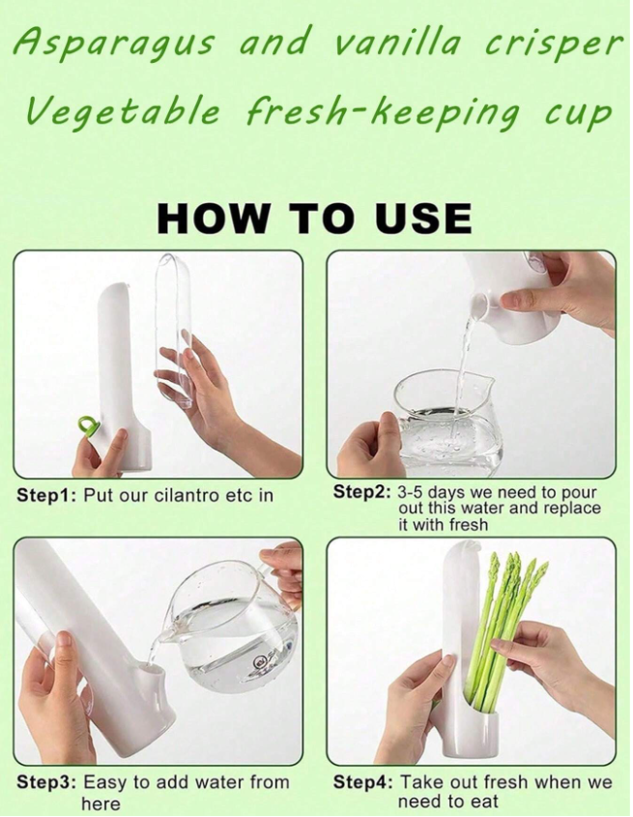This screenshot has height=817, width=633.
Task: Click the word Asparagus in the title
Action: pyautogui.click(x=112, y=44)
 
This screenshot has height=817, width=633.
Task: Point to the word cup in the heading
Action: pyautogui.click(x=577, y=116)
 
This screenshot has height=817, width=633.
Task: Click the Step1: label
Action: pyautogui.click(x=47, y=495)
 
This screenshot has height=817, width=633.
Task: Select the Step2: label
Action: pyautogui.click(x=361, y=492)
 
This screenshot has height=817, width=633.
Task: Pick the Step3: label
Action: pyautogui.click(x=47, y=782)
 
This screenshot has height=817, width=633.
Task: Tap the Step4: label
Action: pyautogui.click(x=363, y=782)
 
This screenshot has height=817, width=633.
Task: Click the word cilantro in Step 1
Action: pyautogui.click(x=187, y=495)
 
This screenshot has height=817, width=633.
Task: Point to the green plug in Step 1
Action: pyautogui.click(x=87, y=425)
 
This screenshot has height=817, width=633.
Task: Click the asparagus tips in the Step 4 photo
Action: pyautogui.click(x=516, y=566)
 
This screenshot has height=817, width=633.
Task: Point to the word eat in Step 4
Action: pyautogui.click(x=484, y=801)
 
